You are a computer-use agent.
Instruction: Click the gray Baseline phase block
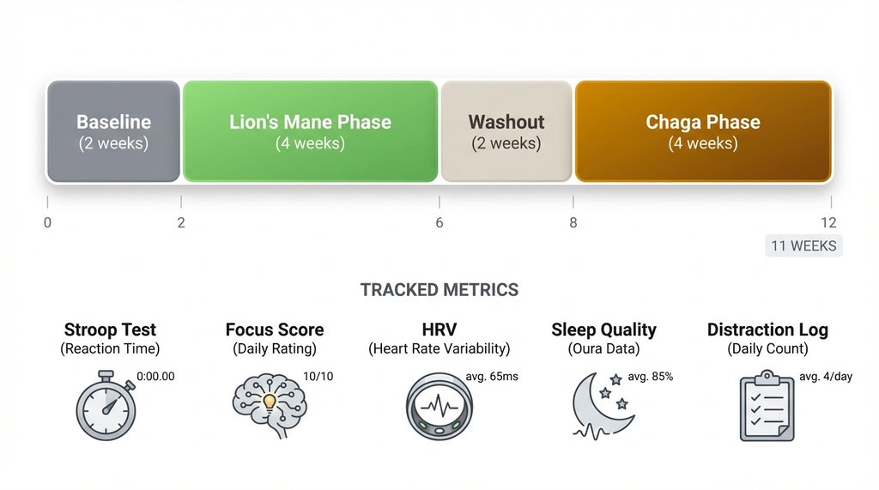(x=113, y=131)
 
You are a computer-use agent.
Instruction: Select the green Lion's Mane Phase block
(x=310, y=131)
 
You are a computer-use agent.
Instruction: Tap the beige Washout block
(x=506, y=131)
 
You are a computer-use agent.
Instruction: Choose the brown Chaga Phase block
(x=703, y=131)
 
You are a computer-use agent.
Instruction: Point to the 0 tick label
(x=47, y=223)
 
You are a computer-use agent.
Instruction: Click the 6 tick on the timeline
(x=439, y=223)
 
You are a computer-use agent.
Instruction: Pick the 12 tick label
(x=827, y=223)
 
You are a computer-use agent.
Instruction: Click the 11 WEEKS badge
(x=803, y=246)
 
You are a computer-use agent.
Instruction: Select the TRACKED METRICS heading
(x=439, y=289)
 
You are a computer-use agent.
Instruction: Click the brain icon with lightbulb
(x=268, y=406)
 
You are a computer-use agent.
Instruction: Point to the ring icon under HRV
(x=439, y=406)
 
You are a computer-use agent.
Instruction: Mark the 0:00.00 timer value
(x=156, y=376)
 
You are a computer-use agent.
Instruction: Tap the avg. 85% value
(x=650, y=376)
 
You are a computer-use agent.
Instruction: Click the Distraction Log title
(x=767, y=330)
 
